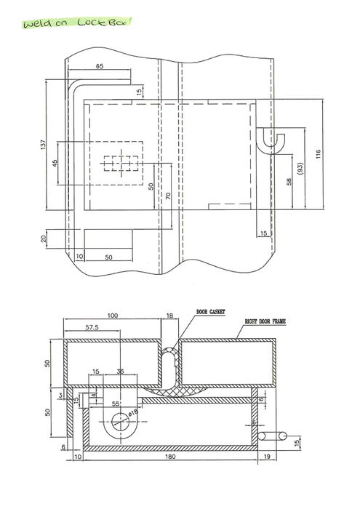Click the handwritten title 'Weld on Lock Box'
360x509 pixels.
76,23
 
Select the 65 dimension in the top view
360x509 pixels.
99,66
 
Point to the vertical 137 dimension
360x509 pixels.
42,145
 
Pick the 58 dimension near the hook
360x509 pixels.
289,181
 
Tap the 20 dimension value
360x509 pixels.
43,238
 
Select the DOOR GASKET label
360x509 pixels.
210,311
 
